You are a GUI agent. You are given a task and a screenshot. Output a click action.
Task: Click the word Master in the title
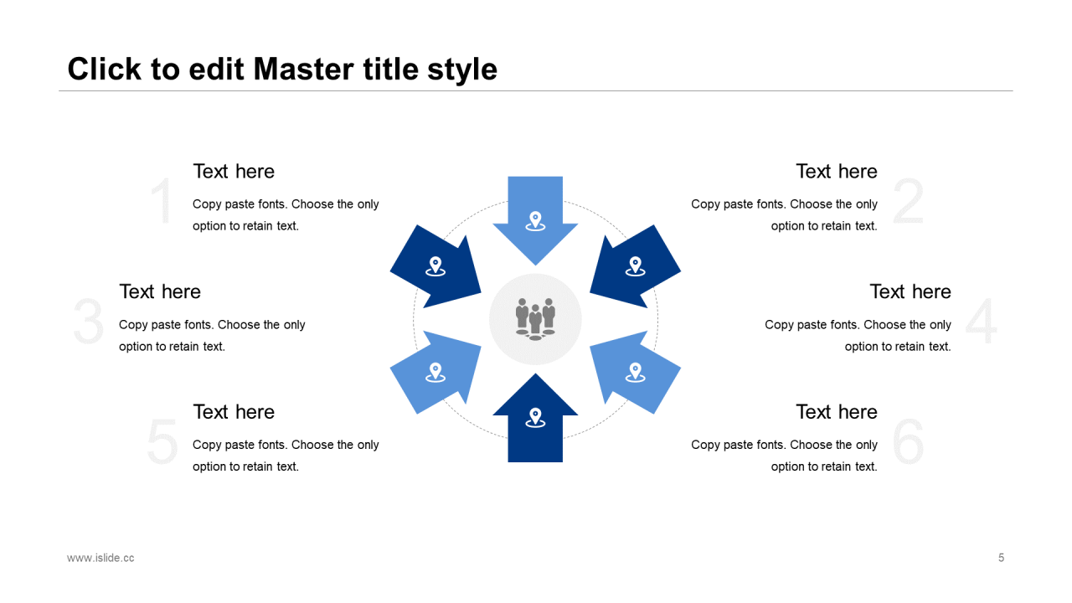(x=303, y=69)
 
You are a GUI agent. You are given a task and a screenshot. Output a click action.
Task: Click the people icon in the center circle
(x=535, y=319)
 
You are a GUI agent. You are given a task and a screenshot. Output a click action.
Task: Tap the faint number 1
(x=162, y=200)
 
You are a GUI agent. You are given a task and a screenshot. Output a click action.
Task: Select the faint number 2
(x=908, y=200)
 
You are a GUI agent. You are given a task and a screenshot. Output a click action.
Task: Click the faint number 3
(x=89, y=321)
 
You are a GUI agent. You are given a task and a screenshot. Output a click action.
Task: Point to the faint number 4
(x=981, y=321)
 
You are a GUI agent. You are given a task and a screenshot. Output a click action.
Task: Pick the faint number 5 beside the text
(x=162, y=441)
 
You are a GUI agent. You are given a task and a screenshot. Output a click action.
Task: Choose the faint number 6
(x=908, y=441)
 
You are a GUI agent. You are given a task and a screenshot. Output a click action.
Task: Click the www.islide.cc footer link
(x=100, y=558)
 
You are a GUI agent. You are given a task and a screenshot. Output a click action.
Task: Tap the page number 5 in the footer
(x=1001, y=558)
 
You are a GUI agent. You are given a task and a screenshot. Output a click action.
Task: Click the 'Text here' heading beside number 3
(x=160, y=291)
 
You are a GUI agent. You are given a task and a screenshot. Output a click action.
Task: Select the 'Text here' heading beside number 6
(x=837, y=411)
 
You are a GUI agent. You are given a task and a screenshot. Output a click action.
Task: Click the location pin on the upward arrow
(x=535, y=417)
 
